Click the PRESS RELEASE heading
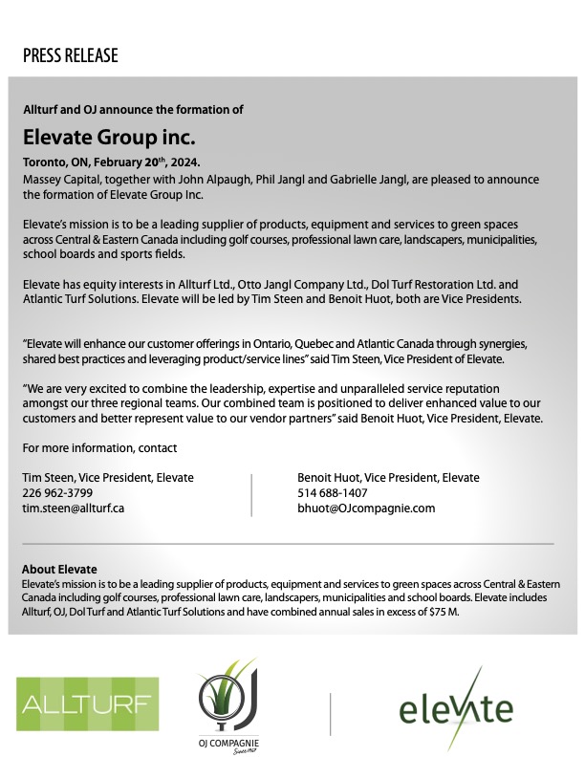(x=71, y=55)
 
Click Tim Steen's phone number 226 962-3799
(x=57, y=493)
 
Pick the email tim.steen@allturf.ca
(x=74, y=508)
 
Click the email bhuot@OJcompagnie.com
(x=366, y=508)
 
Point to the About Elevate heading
(x=59, y=570)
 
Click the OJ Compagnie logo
(x=228, y=708)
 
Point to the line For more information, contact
(x=99, y=447)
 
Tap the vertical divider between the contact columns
(x=251, y=493)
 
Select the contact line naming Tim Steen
(x=108, y=478)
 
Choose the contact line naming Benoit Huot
(x=389, y=478)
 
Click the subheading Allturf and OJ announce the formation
(x=133, y=110)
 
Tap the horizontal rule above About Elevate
(x=287, y=544)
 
